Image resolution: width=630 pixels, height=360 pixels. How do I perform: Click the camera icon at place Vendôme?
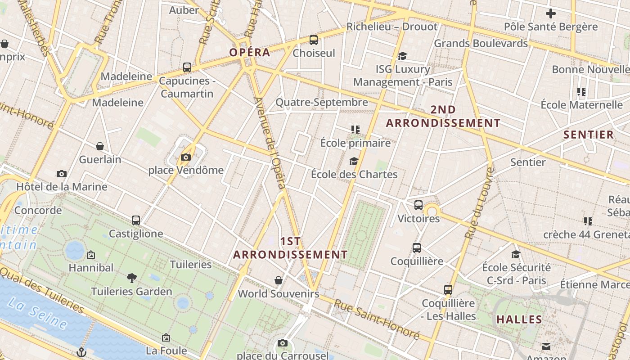[185, 157]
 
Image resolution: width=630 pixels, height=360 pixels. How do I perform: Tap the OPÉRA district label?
[250, 52]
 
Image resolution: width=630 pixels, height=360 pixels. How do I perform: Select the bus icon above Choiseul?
[314, 40]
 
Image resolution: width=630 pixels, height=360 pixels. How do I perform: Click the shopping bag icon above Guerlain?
[100, 146]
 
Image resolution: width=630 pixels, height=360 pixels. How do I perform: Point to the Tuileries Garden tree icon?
[132, 278]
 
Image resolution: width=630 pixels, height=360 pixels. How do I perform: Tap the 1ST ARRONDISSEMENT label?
[290, 248]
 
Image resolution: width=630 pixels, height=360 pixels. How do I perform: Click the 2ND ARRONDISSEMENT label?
[443, 116]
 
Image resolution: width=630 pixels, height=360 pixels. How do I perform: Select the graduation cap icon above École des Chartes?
[354, 161]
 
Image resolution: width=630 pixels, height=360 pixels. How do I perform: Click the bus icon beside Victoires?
[418, 205]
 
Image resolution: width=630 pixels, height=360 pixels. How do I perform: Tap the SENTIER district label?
[589, 135]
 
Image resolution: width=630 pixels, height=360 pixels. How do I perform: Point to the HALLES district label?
[519, 319]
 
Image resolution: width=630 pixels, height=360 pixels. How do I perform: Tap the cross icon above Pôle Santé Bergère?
[550, 13]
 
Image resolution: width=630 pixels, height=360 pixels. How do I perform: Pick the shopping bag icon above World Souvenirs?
[279, 280]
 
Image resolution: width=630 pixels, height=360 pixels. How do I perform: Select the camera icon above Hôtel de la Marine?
[62, 174]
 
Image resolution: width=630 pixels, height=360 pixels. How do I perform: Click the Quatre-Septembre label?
[322, 102]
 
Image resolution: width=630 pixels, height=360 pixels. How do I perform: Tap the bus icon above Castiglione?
[136, 220]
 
